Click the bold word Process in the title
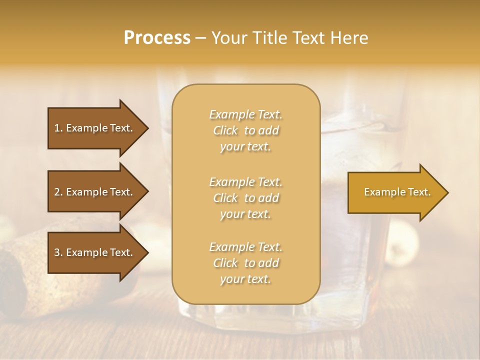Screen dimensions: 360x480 [x=157, y=38]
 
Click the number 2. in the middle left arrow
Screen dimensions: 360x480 [x=58, y=192]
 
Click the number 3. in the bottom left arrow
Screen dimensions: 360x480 [x=58, y=252]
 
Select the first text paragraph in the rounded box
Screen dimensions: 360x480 [x=245, y=130]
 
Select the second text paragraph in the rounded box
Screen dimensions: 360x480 [x=245, y=198]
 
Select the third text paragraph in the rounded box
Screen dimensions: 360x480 [x=245, y=263]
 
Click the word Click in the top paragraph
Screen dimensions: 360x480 [x=225, y=130]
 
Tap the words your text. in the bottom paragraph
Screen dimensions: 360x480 [x=245, y=279]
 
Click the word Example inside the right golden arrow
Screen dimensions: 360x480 [x=382, y=192]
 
